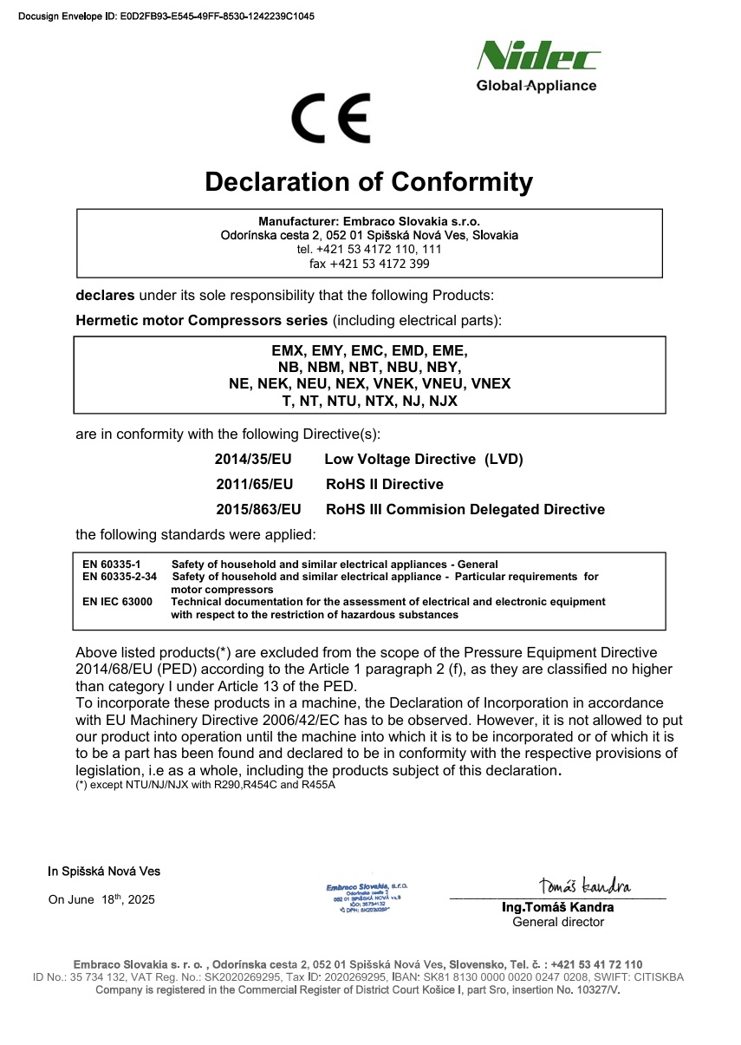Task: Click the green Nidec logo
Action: click(538, 57)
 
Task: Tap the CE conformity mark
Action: click(331, 118)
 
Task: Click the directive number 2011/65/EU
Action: click(255, 484)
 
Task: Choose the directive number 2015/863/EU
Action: click(258, 509)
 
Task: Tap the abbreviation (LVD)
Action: click(504, 459)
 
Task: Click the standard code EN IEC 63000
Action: click(117, 602)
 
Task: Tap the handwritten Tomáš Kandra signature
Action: click(584, 885)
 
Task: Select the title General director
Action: click(558, 922)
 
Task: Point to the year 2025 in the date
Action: click(140, 900)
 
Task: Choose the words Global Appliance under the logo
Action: click(536, 86)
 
